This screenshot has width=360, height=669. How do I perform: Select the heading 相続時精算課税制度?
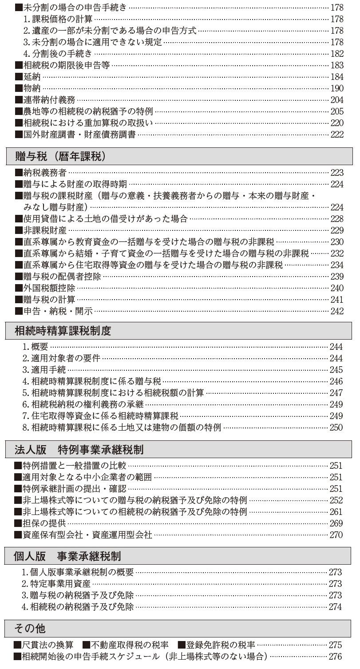tap(63, 331)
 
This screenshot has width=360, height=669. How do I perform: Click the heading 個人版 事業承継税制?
tap(67, 555)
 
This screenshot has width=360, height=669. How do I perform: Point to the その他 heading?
tap(30, 628)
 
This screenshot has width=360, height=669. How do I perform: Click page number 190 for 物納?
tap(337, 88)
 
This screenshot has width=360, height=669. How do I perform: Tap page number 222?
tap(337, 135)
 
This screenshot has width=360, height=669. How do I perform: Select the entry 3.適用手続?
tap(44, 369)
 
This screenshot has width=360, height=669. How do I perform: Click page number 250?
tap(336, 428)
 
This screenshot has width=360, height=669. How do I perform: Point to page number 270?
tap(336, 535)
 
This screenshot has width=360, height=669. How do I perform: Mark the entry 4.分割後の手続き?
tap(58, 54)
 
